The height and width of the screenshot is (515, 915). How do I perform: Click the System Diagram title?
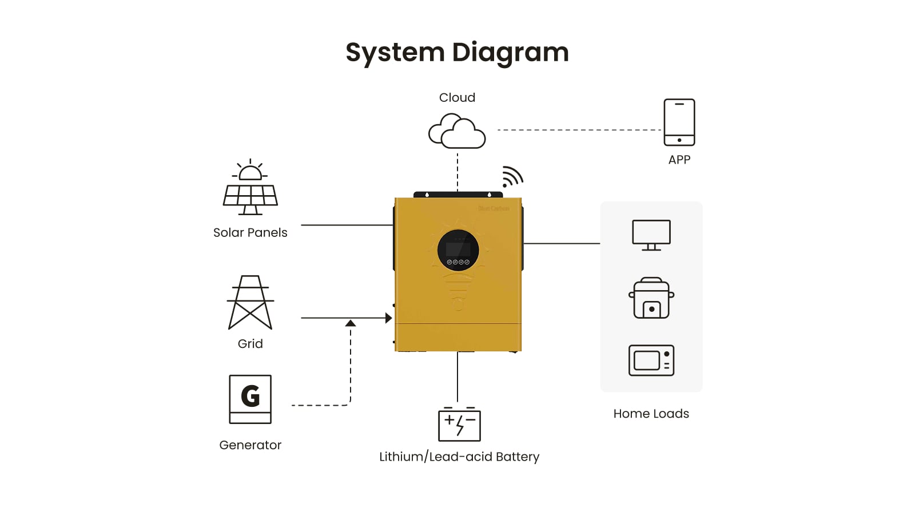tap(457, 53)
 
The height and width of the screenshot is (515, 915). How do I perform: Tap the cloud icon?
tap(457, 132)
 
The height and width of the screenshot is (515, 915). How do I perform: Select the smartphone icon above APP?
tap(679, 122)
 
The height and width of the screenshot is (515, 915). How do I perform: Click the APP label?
tap(679, 160)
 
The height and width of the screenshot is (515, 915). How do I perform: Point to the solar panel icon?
tap(250, 189)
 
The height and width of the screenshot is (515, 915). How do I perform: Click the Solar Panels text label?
tap(250, 233)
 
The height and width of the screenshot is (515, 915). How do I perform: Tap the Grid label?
tap(250, 344)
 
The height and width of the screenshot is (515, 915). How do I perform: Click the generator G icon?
tap(250, 399)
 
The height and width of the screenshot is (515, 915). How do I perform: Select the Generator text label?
tap(250, 445)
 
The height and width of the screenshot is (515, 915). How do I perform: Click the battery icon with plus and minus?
tap(459, 425)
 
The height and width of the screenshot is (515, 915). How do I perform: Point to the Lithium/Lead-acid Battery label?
tap(459, 457)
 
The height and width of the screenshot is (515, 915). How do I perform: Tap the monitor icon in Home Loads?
tap(651, 235)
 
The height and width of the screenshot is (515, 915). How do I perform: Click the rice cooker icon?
tap(651, 298)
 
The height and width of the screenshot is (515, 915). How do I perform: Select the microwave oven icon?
tap(651, 360)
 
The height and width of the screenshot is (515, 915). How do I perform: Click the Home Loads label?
tap(651, 414)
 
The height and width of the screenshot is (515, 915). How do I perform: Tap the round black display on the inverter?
tap(458, 250)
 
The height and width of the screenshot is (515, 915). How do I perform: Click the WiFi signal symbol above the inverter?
tap(512, 177)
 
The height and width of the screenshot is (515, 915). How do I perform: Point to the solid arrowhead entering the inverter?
tap(388, 318)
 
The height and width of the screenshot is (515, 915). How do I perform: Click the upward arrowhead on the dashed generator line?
tap(351, 324)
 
